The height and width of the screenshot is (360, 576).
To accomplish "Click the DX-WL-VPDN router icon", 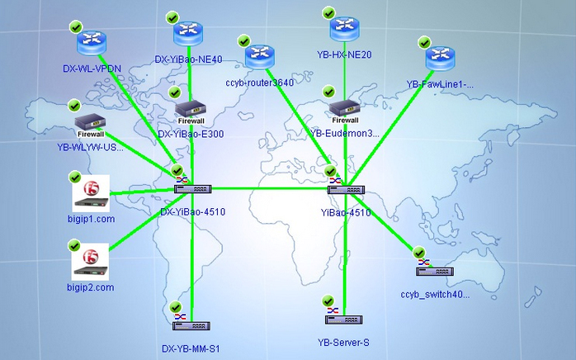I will coord(87,40).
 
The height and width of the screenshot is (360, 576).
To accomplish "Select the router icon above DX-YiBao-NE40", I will coord(188,34).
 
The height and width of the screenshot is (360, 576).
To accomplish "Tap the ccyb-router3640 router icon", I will coord(260,57).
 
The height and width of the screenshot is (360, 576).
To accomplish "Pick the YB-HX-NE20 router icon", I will coord(345,29).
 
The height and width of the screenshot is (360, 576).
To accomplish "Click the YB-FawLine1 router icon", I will coord(441,58).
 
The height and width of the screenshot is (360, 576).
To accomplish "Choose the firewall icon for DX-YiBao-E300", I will coord(191,111).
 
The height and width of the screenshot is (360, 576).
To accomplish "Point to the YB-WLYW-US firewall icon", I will coord(89,125).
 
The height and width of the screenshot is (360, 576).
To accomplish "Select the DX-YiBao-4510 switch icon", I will coord(190,188).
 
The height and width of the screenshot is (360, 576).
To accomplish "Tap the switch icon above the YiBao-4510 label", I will coord(345,188).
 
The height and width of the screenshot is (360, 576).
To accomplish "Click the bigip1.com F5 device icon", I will coord(91,193).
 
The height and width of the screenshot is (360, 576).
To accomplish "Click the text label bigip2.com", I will coord(91,287).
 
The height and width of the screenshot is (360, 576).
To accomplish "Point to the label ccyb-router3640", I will coord(259,83).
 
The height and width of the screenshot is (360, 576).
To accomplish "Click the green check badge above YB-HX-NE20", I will coord(328,13).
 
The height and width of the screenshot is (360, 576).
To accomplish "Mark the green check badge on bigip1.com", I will coord(74,177).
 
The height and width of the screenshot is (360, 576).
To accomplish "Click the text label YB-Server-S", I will coord(344,341).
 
